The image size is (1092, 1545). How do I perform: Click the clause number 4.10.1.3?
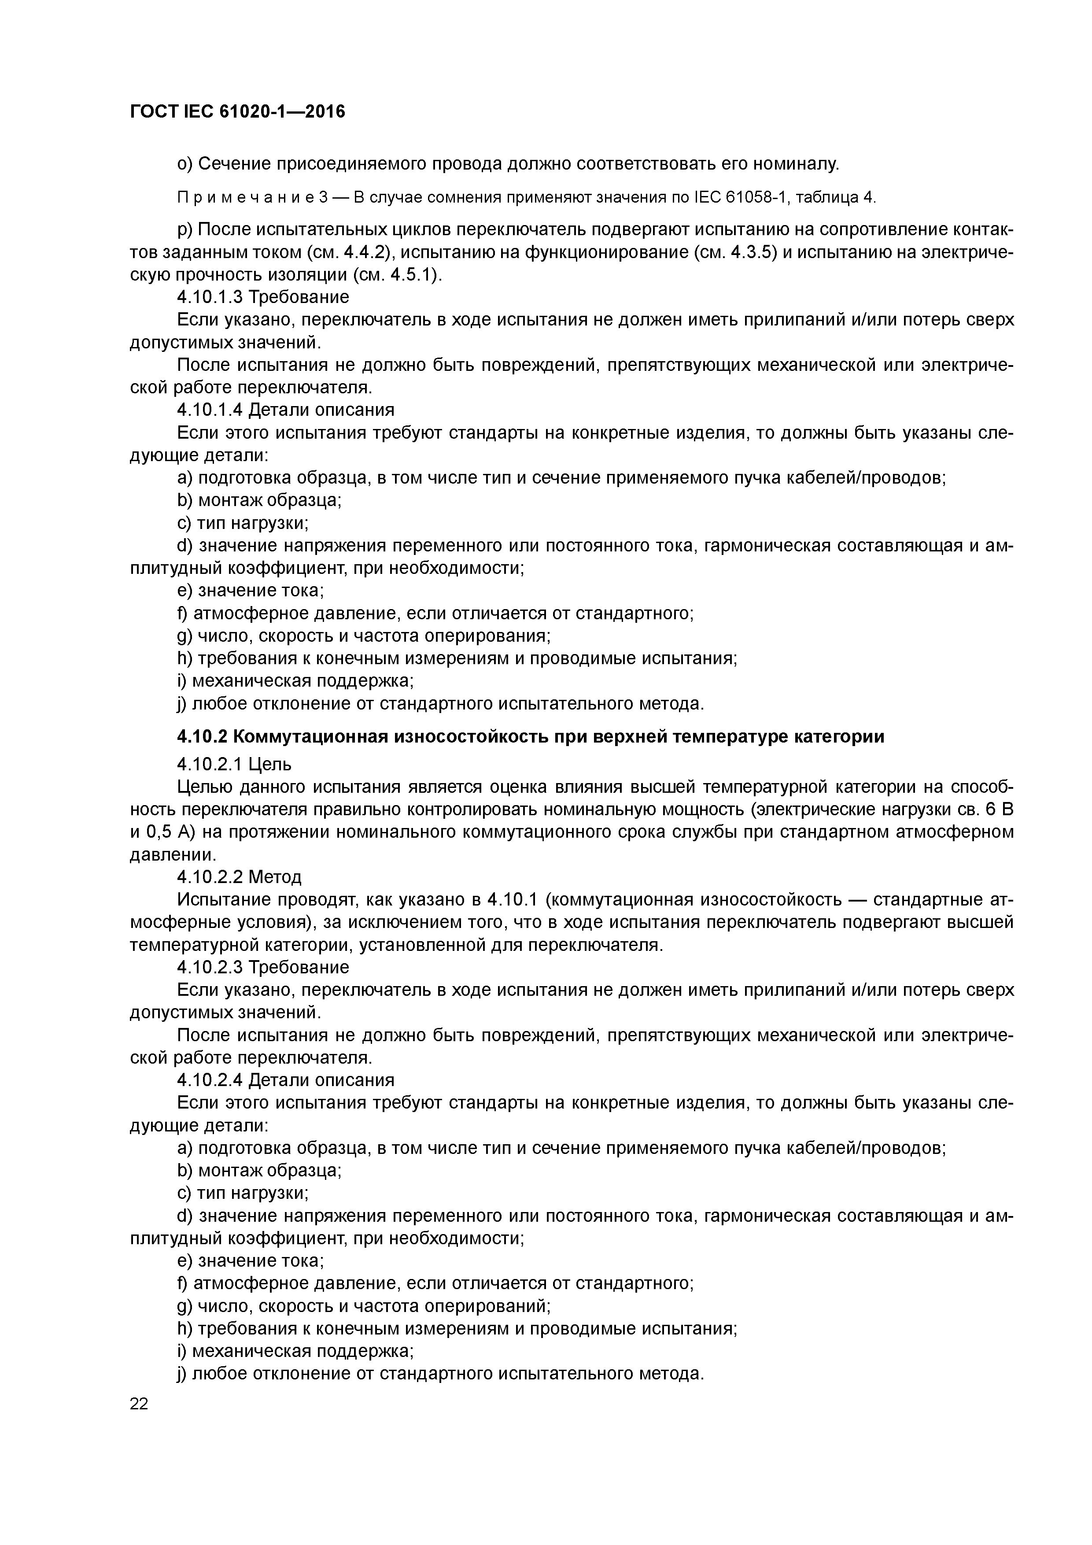pos(210,297)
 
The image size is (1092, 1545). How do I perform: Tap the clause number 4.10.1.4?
pos(210,409)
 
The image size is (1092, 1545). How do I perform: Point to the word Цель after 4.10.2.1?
pos(270,764)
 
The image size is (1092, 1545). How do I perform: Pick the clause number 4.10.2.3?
pos(210,967)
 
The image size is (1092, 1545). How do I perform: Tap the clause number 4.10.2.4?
pos(210,1080)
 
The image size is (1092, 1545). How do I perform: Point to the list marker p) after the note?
pos(185,230)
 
